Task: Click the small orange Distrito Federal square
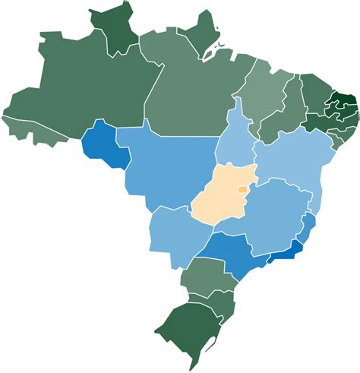[x=242, y=189]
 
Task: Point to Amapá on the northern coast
[x=202, y=34]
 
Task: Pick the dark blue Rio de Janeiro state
[x=286, y=246]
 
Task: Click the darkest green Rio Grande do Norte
[x=346, y=99]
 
